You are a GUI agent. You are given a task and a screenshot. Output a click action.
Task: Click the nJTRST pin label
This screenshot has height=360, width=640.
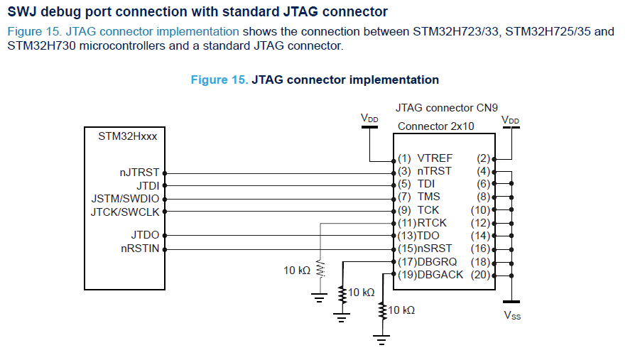click(141, 173)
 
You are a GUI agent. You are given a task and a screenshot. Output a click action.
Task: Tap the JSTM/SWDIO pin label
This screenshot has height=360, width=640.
click(126, 198)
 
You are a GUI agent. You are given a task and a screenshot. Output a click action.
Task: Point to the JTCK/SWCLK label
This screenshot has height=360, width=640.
click(126, 211)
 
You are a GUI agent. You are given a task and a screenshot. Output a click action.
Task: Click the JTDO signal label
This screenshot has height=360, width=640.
click(146, 235)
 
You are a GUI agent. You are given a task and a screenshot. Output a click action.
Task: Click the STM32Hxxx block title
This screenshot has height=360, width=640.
click(128, 136)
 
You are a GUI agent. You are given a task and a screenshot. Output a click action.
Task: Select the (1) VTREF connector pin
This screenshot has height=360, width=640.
click(425, 158)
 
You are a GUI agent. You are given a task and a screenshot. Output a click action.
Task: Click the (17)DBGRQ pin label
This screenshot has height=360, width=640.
click(427, 261)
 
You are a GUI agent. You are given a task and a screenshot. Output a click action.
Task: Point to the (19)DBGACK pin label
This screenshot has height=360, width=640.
click(430, 274)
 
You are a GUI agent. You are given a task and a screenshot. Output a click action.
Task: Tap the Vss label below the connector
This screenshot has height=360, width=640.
click(512, 315)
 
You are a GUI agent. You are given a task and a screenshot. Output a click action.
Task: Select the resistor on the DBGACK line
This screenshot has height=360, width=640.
click(384, 310)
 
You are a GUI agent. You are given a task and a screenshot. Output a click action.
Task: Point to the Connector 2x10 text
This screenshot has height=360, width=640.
click(435, 126)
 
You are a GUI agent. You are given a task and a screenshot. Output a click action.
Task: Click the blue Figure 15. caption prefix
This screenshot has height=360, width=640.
click(219, 80)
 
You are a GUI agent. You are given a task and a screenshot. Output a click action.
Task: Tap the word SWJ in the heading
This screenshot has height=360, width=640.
click(22, 11)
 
